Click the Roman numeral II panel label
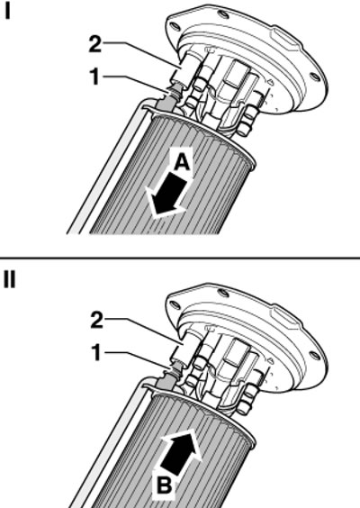coord(9,279)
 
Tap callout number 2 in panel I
coord(95,44)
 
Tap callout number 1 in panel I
coord(94,77)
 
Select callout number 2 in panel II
coord(96,321)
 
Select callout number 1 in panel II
coord(95,352)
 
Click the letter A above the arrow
coord(182,162)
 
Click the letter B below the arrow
coord(165,485)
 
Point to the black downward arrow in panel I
coord(168,195)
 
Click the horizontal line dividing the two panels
coord(180,258)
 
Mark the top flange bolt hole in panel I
coord(221,14)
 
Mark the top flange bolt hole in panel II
coord(222,292)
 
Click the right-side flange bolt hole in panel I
coord(315,77)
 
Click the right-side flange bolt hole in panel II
coord(315,355)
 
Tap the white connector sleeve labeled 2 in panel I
coord(180,72)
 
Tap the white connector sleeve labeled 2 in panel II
coord(180,349)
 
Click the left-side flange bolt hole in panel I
coord(174,26)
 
